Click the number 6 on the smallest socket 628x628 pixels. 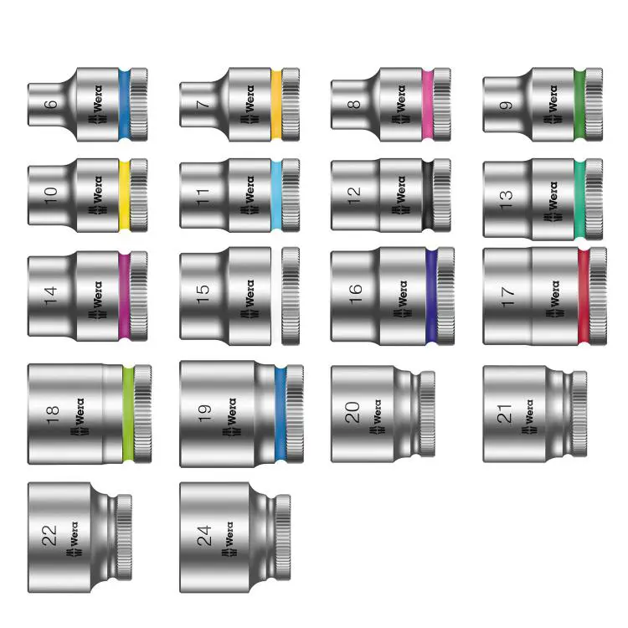click(x=50, y=104)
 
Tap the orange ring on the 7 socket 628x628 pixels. click(x=276, y=105)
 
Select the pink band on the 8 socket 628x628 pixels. click(x=428, y=105)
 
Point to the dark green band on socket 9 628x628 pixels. click(x=579, y=105)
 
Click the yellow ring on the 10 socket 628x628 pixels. click(x=125, y=195)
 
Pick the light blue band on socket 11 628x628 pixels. click(x=276, y=195)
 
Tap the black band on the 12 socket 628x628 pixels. click(x=428, y=195)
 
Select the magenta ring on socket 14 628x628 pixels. click(x=125, y=296)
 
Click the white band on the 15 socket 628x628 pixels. click(x=276, y=296)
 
